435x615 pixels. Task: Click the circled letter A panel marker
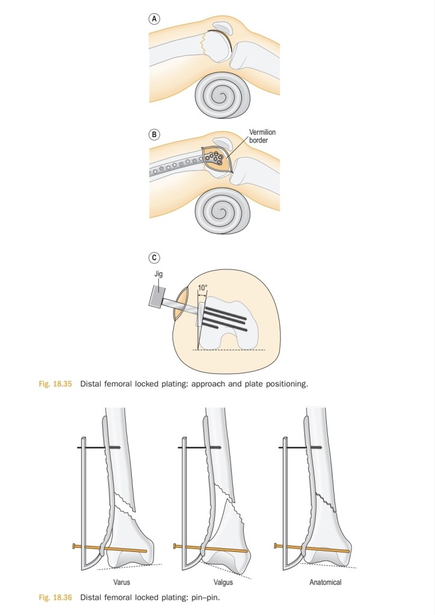coord(154,19)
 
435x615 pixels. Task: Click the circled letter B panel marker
coord(154,135)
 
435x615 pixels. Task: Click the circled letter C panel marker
coord(154,258)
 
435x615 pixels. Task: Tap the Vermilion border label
coord(262,136)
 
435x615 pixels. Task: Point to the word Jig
coord(158,274)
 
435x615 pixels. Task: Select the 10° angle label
coord(202,288)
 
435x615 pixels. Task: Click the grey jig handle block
coord(156,296)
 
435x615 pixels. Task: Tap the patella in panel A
coord(222,28)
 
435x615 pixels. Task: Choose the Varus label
coord(122,582)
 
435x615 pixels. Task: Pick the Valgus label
coord(223,583)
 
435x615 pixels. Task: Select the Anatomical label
coord(325,582)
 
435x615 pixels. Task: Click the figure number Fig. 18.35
coord(55,384)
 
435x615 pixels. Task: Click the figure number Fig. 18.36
coord(55,598)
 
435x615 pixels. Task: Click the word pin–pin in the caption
coord(206,598)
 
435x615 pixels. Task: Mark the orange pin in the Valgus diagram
coord(211,548)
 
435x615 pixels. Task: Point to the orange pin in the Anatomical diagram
coord(311,548)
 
